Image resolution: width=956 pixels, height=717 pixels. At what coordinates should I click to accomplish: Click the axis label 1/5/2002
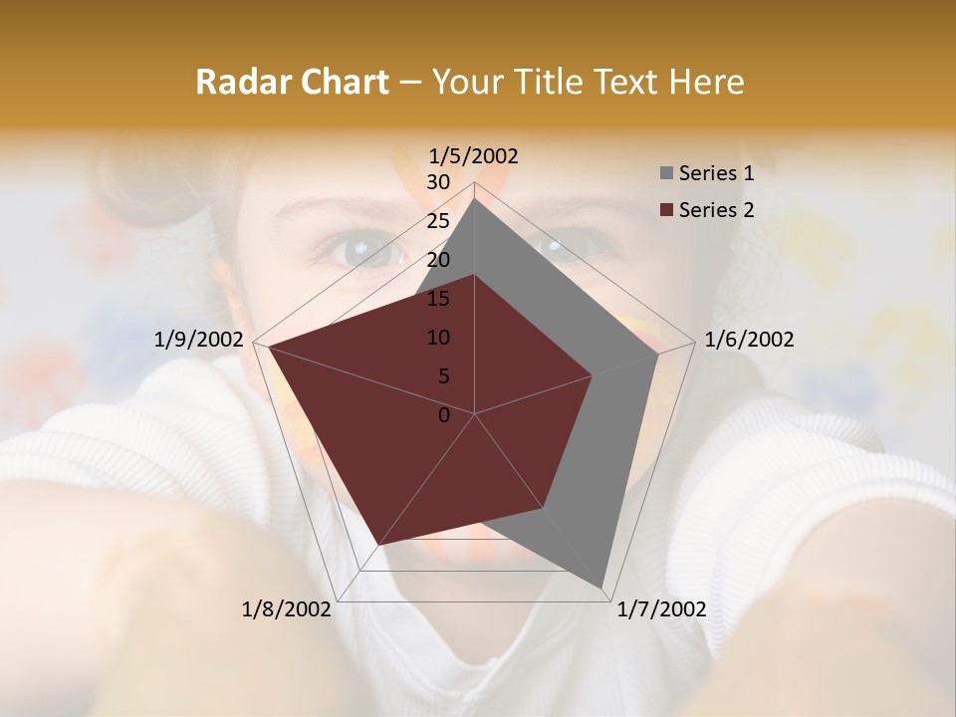(x=474, y=155)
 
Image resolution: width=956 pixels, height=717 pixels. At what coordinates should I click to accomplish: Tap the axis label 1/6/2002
(x=749, y=340)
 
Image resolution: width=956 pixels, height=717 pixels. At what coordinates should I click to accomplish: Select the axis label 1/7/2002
(x=661, y=609)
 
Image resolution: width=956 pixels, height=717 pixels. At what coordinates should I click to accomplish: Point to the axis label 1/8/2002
(x=287, y=609)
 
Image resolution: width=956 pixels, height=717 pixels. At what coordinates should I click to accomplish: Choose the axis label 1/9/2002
(x=199, y=340)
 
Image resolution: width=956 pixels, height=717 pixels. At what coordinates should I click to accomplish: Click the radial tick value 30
(x=438, y=182)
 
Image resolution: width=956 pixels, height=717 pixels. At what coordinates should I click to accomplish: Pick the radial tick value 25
(x=438, y=221)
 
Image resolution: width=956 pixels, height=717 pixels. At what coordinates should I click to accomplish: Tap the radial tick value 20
(x=438, y=260)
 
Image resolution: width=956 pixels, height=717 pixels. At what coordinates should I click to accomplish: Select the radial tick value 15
(x=438, y=299)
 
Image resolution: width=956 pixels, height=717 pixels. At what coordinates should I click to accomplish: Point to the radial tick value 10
(x=438, y=338)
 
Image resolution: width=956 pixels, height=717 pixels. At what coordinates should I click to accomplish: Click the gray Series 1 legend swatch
(x=665, y=173)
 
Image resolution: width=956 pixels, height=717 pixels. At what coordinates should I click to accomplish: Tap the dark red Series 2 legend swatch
(x=665, y=210)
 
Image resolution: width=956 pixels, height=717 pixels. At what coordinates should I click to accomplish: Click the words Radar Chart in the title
(x=292, y=83)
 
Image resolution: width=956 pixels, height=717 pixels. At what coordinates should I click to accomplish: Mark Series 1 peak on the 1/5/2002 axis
(x=475, y=199)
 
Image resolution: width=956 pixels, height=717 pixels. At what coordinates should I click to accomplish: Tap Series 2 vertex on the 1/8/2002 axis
(x=379, y=545)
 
